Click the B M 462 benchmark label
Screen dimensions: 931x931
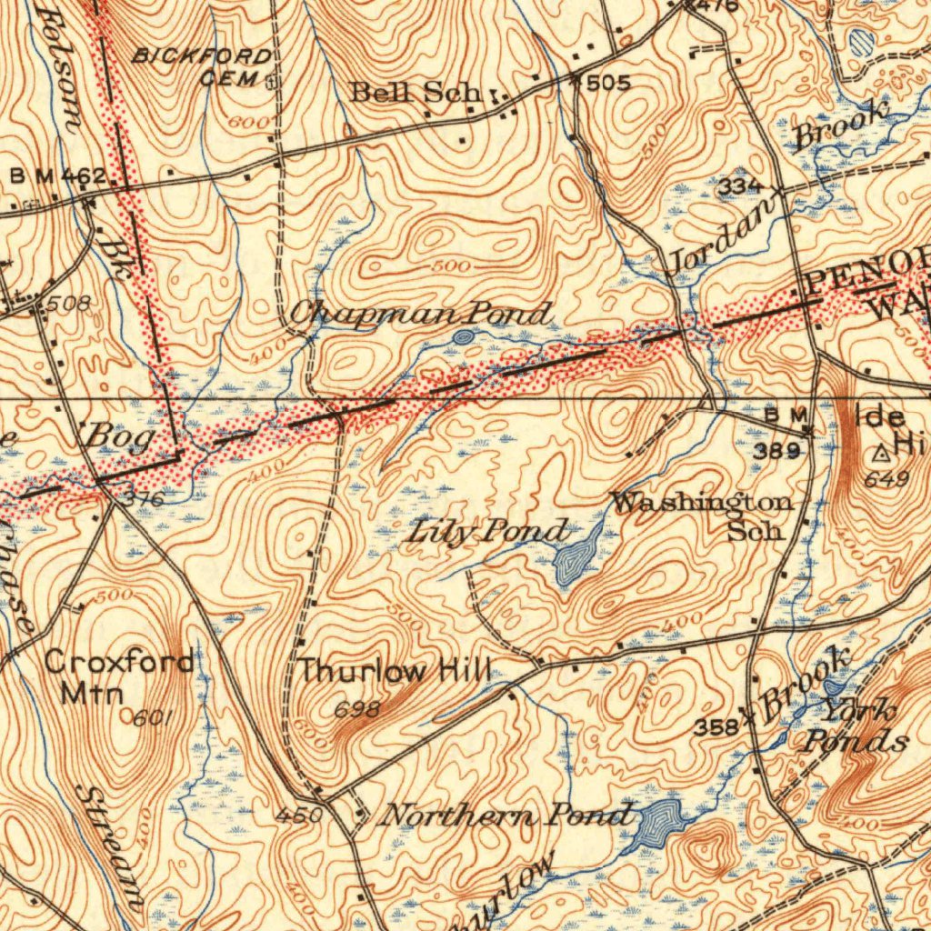tap(58, 175)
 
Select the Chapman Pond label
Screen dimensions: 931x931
tap(419, 315)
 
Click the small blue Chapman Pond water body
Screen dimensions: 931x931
tap(463, 337)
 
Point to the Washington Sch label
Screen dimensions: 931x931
tap(701, 516)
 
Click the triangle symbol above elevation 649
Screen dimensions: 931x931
tap(881, 452)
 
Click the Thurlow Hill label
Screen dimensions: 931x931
tap(394, 673)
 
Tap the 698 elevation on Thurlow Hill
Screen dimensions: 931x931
tap(356, 710)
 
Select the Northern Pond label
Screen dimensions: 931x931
tap(506, 815)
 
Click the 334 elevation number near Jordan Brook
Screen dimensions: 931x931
tap(737, 187)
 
